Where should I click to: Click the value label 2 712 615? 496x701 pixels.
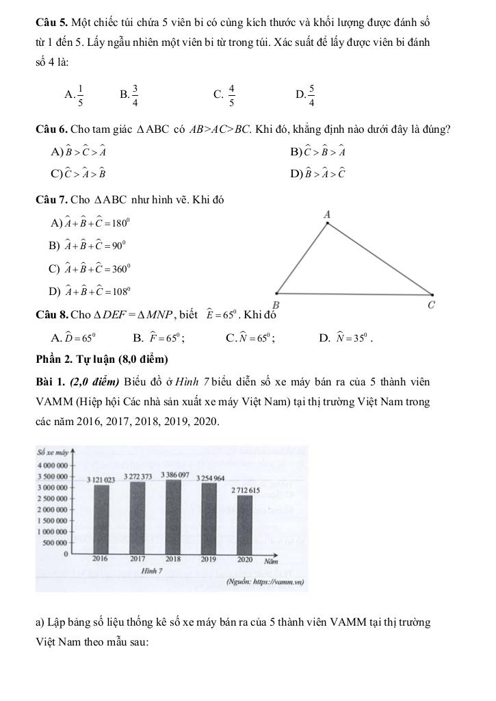tap(246, 491)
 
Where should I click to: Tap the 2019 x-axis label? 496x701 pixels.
tap(209, 559)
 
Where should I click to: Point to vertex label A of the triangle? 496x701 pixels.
tap(327, 215)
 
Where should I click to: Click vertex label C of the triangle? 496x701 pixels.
tap(431, 305)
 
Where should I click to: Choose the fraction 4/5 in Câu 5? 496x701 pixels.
tap(232, 95)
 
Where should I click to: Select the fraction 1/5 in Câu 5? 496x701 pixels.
tap(81, 95)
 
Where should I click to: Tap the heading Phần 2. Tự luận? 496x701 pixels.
tap(102, 359)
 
